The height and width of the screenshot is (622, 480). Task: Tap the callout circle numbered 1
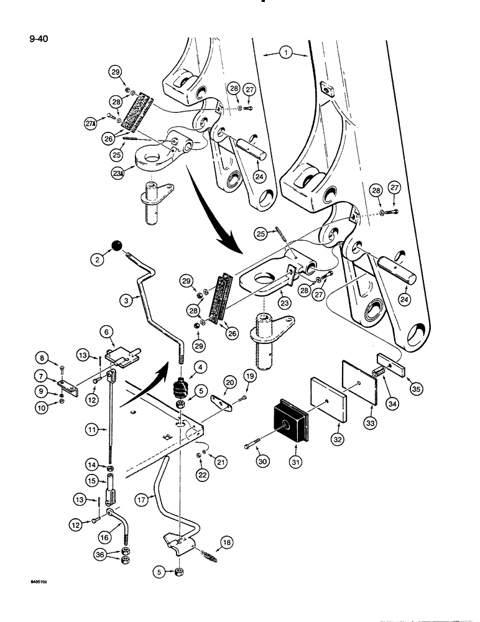[x=285, y=55]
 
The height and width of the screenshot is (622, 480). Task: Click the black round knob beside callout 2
[x=116, y=246]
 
